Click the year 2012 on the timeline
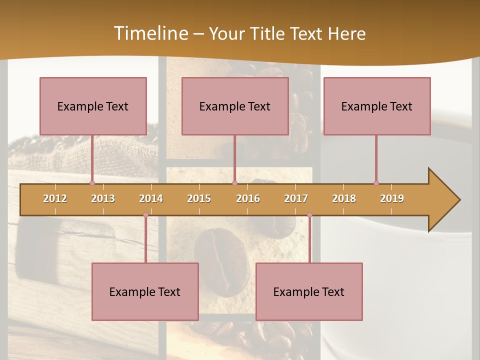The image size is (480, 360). pos(55,198)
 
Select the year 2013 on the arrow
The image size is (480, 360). pos(103,198)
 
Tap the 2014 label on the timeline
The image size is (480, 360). pos(151,198)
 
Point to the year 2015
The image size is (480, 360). pos(199,198)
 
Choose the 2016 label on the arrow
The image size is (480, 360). pos(248,198)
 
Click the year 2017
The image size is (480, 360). pos(296,198)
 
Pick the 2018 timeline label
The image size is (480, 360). pos(344,198)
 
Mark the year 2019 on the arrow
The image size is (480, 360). pos(392,198)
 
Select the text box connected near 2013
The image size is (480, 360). pos(93,106)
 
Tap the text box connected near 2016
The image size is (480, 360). pos(235,106)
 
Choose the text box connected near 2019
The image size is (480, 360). pos(377,106)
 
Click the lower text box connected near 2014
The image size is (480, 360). pos(145,291)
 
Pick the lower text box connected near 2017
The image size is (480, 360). pos(309,291)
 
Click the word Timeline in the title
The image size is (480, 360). pos(150,33)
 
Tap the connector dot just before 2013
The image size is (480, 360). pos(92,183)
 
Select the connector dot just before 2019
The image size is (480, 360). pos(376,183)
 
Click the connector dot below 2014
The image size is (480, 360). pos(145,215)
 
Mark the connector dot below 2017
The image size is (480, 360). pos(309,215)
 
